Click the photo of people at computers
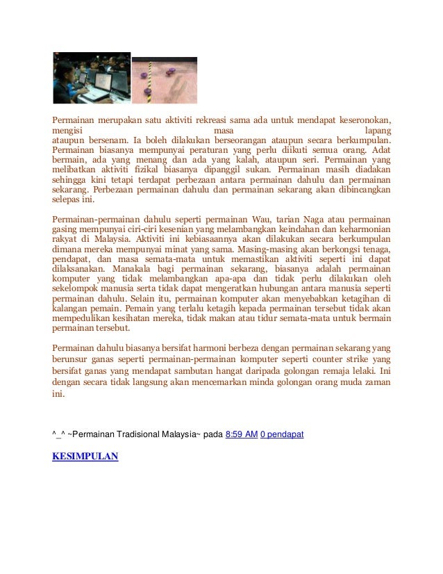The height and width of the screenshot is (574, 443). pos(92,78)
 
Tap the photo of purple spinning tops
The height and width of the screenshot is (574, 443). pos(165,80)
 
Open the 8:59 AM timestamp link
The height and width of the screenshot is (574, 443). pos(242,434)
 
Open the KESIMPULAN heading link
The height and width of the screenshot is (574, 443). pos(85,457)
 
